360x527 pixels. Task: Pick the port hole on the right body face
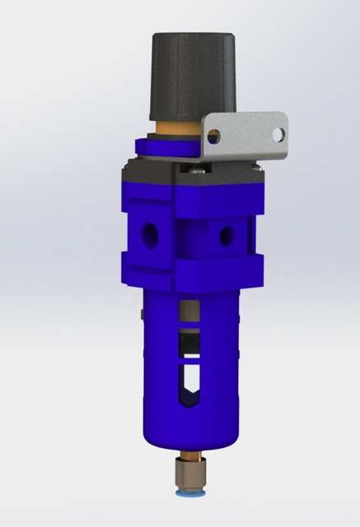click(224, 237)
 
